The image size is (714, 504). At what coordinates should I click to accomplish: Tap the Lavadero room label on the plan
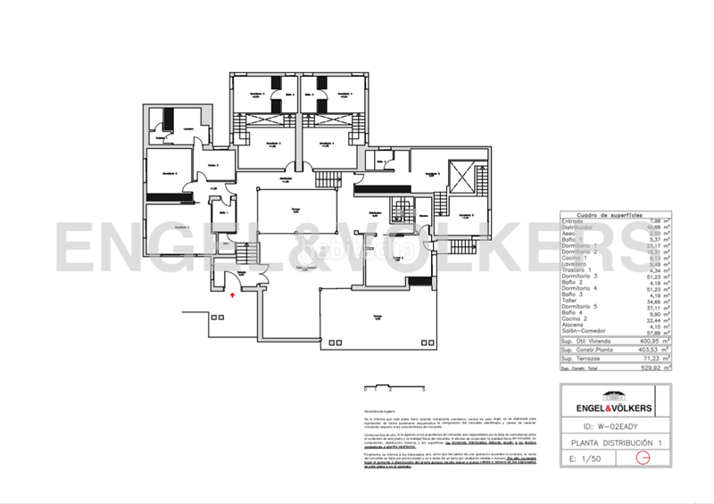188,128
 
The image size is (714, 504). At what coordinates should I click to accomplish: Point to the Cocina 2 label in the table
574,321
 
